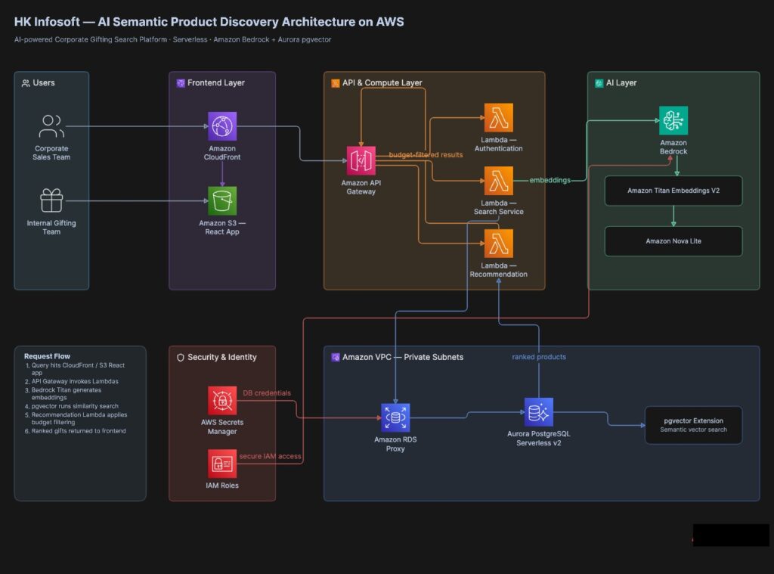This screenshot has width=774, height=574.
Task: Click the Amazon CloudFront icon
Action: (222, 126)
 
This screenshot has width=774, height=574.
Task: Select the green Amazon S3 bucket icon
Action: (222, 200)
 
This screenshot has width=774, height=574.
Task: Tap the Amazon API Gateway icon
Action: (361, 160)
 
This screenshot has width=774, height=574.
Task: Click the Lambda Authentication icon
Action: (499, 117)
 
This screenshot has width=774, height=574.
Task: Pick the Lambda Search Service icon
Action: (499, 181)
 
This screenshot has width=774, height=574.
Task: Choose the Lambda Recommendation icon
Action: (499, 244)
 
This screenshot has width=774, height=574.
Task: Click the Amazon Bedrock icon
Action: (673, 120)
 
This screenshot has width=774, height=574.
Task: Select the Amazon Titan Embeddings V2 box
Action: (673, 191)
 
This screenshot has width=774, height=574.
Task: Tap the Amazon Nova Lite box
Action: (673, 241)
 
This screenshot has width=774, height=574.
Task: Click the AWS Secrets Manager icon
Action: (222, 401)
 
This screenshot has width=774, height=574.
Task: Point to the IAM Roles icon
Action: (222, 464)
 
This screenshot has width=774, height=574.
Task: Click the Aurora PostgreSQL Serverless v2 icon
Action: (538, 412)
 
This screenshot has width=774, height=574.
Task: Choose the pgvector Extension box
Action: (694, 425)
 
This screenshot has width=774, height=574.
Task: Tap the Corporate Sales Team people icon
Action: (51, 126)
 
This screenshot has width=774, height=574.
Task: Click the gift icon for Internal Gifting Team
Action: (51, 200)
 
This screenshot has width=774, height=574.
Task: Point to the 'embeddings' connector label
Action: (550, 180)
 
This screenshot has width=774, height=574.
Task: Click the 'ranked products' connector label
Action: (539, 357)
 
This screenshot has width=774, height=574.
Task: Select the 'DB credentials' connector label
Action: (267, 392)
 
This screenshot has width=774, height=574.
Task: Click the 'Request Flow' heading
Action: (47, 356)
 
